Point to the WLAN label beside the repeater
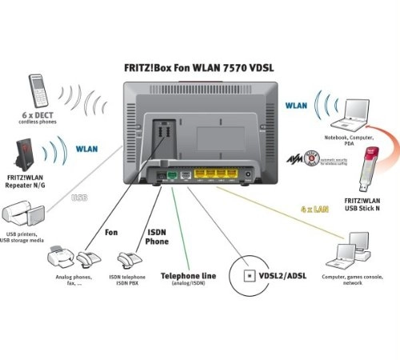point(88,148)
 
